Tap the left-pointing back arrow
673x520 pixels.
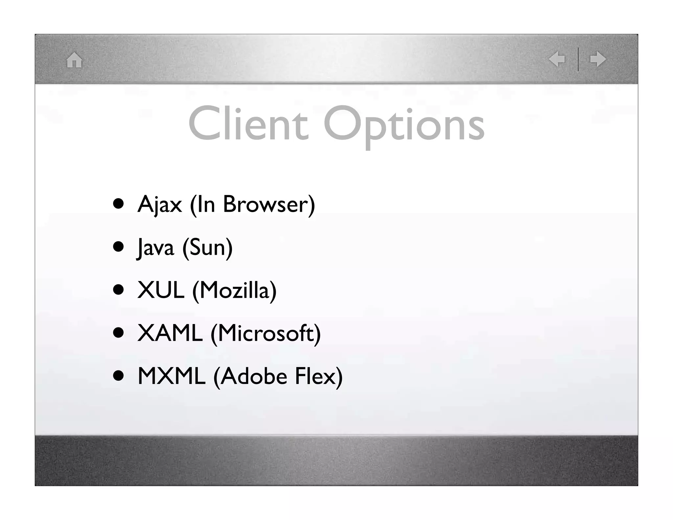[557, 59]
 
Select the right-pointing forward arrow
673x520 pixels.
[598, 59]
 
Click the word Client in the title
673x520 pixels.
[248, 124]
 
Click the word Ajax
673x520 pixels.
[159, 204]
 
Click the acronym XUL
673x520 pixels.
[161, 290]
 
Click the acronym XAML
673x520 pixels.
[170, 333]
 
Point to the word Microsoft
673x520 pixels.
[266, 333]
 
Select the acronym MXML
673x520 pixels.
[171, 376]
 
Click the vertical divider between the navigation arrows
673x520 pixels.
[578, 59]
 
